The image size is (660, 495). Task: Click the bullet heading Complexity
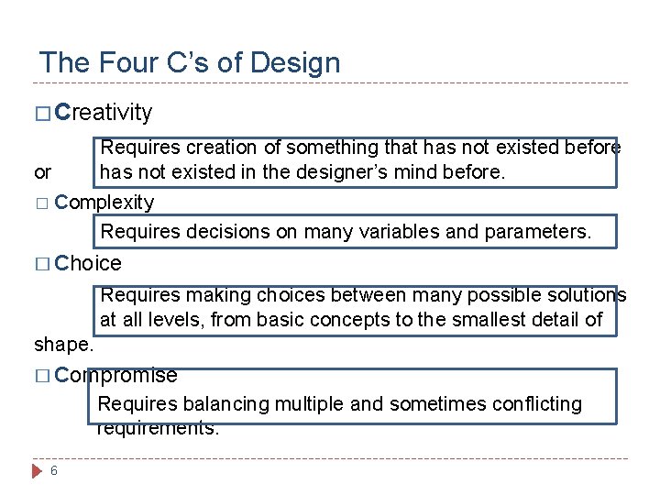pyautogui.click(x=104, y=202)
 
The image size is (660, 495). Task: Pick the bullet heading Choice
pyautogui.click(x=88, y=264)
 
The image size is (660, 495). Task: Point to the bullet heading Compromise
pyautogui.click(x=115, y=375)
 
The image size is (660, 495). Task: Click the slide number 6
pyautogui.click(x=54, y=471)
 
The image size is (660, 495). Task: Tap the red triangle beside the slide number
pyautogui.click(x=38, y=471)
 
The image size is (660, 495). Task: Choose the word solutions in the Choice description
pyautogui.click(x=585, y=295)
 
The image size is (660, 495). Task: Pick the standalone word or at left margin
pyautogui.click(x=42, y=172)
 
